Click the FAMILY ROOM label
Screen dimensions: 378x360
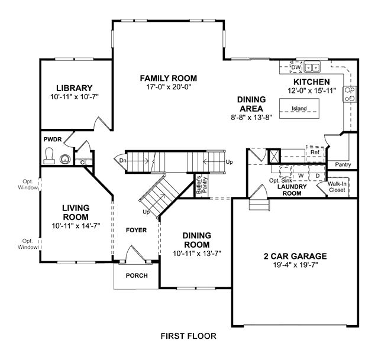click(168, 78)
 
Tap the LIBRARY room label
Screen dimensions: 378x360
click(75, 88)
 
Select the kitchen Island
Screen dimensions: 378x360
click(299, 108)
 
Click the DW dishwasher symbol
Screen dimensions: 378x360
click(296, 67)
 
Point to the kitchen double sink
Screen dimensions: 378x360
click(312, 67)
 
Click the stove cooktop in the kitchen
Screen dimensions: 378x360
click(350, 94)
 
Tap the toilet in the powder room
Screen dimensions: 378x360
click(49, 155)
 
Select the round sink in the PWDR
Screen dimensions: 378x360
click(65, 159)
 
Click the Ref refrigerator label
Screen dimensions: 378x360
click(315, 153)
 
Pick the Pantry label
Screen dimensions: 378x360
click(343, 164)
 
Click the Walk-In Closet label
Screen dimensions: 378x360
click(337, 187)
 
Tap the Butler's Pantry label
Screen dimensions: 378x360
click(202, 185)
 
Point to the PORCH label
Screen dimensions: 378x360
click(137, 275)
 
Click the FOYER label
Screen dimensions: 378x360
click(136, 230)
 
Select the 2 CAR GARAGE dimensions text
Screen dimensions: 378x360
click(295, 265)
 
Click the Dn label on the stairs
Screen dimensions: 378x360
click(122, 160)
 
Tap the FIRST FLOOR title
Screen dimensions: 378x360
click(189, 336)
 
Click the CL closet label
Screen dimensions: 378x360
click(83, 163)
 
